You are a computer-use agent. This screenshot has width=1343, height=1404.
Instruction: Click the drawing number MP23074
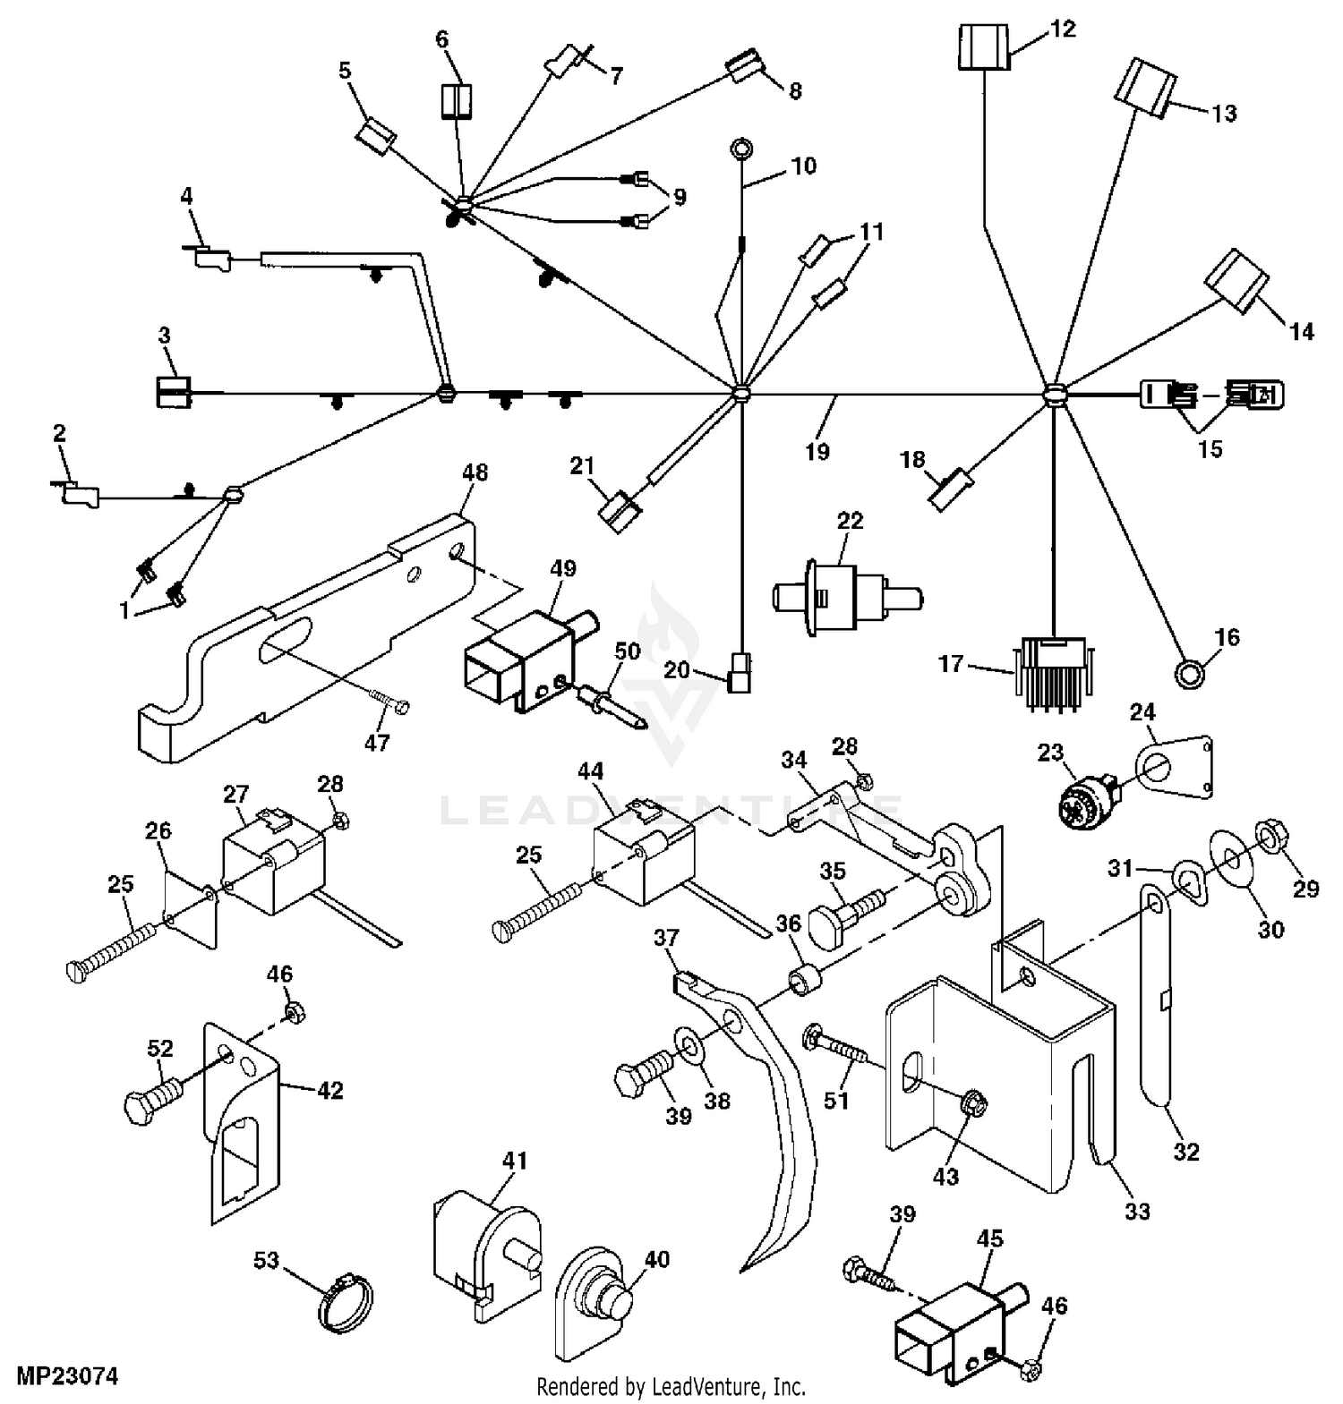tap(66, 1375)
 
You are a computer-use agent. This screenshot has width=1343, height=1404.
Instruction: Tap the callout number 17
tap(951, 664)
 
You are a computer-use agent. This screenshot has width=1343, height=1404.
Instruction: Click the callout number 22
tap(850, 521)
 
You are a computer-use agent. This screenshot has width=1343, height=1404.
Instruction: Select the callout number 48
tap(475, 472)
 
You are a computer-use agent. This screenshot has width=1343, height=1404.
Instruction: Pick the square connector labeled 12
tap(984, 47)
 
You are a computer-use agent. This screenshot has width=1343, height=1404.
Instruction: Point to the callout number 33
tap(1137, 1212)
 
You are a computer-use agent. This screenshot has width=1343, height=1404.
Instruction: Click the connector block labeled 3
tap(174, 391)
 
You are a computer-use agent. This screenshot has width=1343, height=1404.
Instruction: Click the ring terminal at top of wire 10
tap(741, 148)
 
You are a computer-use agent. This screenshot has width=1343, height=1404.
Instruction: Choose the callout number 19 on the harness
tap(817, 452)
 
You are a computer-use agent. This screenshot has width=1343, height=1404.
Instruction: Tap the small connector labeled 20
tap(740, 672)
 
